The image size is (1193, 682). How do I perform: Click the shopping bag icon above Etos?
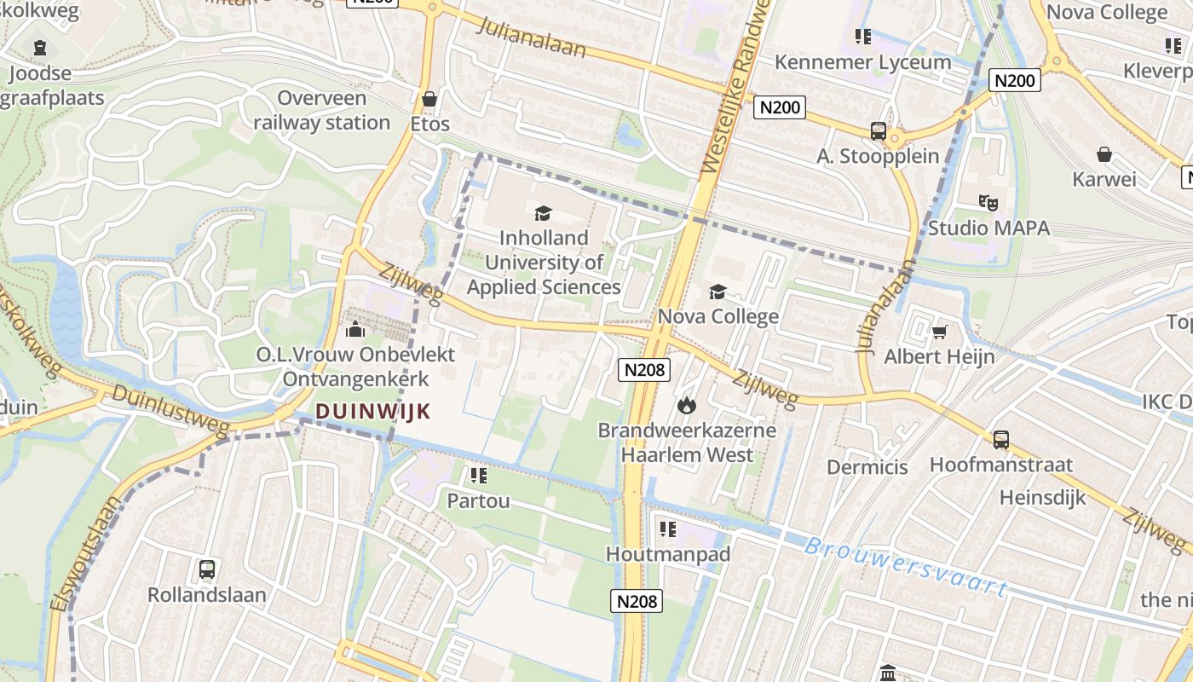coord(429,99)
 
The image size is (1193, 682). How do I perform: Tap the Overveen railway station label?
coord(321,111)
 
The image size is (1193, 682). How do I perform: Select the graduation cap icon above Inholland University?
coord(543,213)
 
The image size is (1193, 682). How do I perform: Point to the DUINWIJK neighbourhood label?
coord(372,411)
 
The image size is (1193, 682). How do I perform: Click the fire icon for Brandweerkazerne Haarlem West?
coord(687,406)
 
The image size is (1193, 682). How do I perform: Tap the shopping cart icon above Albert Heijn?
coord(939,332)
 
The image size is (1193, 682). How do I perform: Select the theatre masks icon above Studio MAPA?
coord(988,203)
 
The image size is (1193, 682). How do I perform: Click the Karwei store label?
coord(1104,179)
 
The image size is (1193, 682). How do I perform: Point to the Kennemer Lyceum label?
coord(862,62)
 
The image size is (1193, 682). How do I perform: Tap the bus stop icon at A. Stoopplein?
coord(879,131)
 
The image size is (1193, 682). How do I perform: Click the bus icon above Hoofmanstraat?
coord(1000,440)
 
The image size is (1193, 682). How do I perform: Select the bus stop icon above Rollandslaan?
coord(206,569)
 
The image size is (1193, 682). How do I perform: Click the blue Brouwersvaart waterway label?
coord(906,566)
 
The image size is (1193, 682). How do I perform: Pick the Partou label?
coord(478,500)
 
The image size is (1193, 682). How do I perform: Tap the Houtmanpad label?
coord(668,554)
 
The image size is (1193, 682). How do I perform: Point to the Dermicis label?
coord(867,467)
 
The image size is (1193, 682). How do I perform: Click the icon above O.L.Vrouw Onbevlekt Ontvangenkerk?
coord(355,329)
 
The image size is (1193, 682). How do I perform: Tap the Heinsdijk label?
coord(1043,497)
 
